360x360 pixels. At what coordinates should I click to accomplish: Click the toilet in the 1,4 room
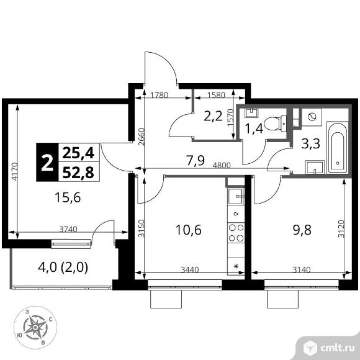(275, 124)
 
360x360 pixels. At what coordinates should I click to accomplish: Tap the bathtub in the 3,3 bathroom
(338, 148)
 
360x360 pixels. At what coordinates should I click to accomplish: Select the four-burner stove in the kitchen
(236, 233)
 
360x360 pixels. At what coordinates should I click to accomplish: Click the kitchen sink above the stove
(236, 196)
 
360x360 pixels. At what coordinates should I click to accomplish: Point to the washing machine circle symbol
(312, 117)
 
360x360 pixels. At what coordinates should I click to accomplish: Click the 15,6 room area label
(68, 197)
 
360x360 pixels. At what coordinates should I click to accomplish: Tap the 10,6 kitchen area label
(188, 230)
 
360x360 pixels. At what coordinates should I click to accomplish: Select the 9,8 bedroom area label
(302, 230)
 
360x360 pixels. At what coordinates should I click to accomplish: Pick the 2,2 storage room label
(214, 116)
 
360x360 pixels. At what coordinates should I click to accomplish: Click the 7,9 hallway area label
(196, 160)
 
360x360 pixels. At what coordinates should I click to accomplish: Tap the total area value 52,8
(78, 172)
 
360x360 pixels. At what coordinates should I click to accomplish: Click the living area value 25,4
(78, 153)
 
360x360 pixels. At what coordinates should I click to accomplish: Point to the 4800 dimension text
(222, 165)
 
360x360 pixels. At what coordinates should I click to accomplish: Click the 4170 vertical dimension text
(15, 171)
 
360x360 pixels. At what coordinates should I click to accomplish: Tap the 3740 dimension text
(68, 229)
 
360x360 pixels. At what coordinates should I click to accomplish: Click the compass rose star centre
(35, 327)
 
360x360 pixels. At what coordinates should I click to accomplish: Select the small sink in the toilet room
(251, 113)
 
